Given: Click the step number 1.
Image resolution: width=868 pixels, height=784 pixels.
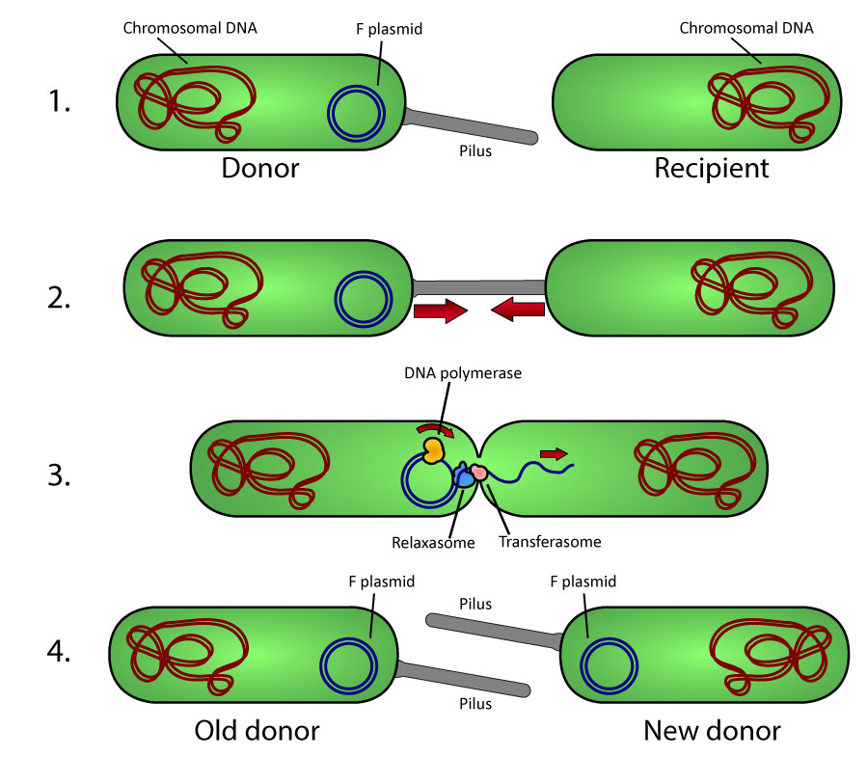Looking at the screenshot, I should point(59,100).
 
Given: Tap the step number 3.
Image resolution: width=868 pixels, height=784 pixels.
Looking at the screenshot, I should point(59,475).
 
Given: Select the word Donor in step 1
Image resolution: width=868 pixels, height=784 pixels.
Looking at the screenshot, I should point(260,169).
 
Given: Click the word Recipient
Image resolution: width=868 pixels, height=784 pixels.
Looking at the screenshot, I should point(712,169).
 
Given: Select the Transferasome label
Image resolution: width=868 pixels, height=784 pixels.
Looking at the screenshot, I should point(550,542).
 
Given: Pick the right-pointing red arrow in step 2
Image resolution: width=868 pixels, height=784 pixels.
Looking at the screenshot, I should point(440,311).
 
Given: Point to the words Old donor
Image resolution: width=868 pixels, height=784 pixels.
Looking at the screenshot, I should point(256,730).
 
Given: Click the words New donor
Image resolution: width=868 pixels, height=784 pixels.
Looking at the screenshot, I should point(712,730).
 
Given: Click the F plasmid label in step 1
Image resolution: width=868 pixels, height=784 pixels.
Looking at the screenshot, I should point(390,30).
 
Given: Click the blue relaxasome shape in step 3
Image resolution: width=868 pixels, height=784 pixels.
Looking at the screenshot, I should point(464,476).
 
